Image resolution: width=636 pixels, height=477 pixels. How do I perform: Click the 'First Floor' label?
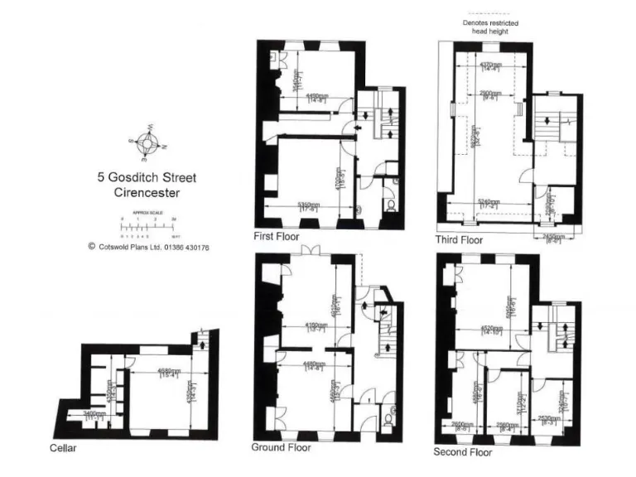click(275, 237)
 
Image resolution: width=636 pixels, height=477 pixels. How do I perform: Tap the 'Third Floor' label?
click(459, 240)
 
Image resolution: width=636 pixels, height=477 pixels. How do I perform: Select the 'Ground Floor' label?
click(281, 447)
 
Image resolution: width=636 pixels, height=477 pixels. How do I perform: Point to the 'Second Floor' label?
click(462, 452)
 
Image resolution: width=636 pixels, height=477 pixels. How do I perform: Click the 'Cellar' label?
click(62, 448)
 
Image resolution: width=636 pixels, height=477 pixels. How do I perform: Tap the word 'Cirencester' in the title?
click(146, 193)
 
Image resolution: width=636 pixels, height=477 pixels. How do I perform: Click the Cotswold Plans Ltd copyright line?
click(148, 247)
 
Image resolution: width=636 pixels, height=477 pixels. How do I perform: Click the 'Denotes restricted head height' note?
click(490, 27)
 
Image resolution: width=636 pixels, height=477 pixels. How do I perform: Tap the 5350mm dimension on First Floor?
click(308, 205)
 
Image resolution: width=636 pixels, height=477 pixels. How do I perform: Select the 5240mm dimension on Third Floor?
click(488, 201)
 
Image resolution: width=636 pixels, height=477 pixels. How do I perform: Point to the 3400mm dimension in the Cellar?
click(94, 413)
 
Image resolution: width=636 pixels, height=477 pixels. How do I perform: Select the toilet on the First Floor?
click(388, 205)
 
